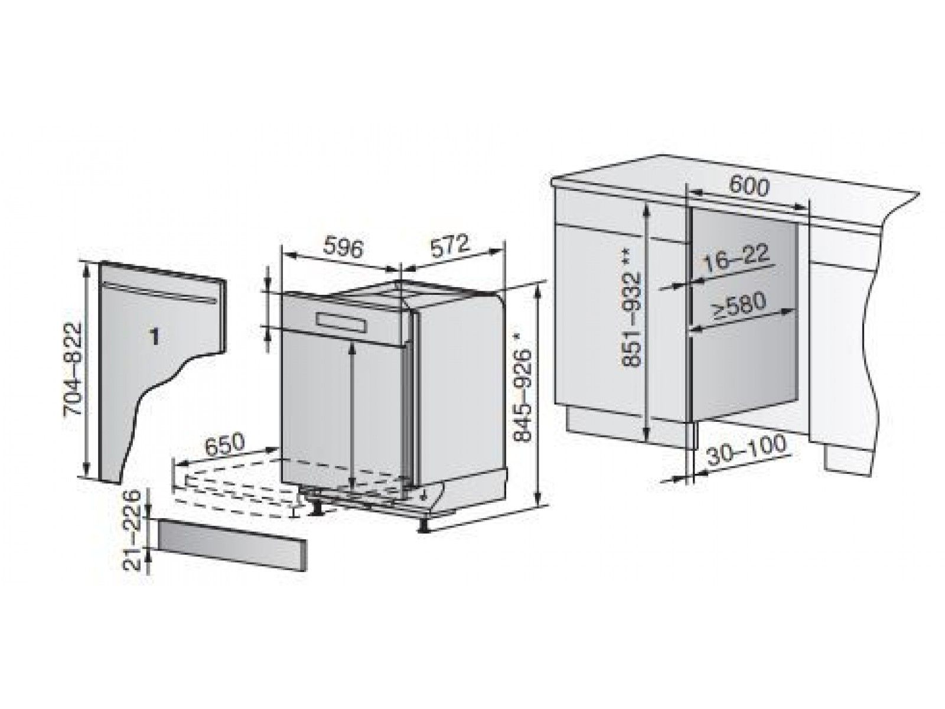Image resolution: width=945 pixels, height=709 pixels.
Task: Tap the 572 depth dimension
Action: (x=448, y=246)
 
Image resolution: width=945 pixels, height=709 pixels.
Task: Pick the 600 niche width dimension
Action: (x=748, y=186)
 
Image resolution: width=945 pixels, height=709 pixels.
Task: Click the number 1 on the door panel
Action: (x=154, y=337)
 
